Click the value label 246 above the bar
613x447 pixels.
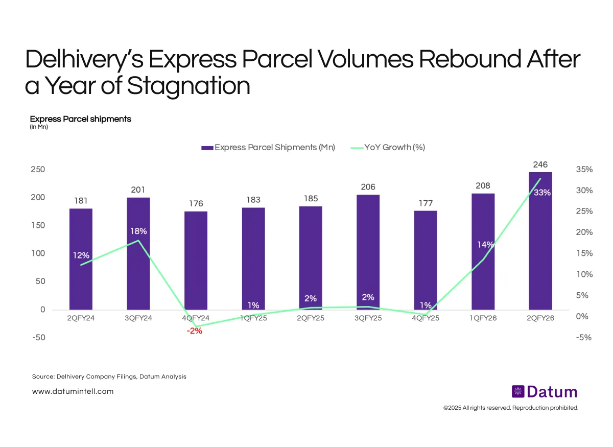[540, 164]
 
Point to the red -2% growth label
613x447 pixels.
[195, 331]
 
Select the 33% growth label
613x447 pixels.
[542, 193]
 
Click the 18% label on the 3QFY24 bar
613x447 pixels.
[138, 231]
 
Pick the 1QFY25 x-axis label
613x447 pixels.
[253, 318]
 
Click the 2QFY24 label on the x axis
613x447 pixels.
[81, 318]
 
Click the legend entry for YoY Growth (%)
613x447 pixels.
[394, 147]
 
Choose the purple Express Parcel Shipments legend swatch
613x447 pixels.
[207, 148]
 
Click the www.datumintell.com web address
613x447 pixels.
[73, 391]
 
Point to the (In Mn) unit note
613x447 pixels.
[39, 127]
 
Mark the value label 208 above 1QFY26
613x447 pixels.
[483, 186]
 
